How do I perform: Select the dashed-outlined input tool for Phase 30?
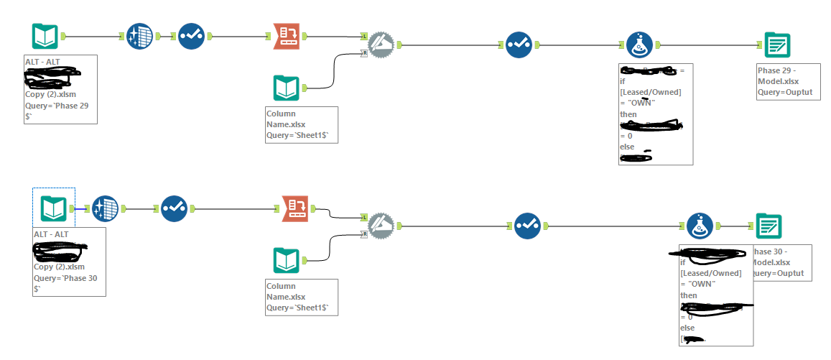[53, 208]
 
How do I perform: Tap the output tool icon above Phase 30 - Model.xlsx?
[769, 226]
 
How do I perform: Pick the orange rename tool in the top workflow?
[287, 36]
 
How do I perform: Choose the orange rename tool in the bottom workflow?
[296, 208]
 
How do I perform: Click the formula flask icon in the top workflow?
[639, 45]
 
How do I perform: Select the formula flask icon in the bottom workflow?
[700, 226]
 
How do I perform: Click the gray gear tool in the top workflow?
[381, 45]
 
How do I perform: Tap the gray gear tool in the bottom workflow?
[381, 225]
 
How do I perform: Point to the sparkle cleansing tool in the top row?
[139, 36]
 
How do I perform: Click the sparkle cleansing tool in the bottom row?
[105, 208]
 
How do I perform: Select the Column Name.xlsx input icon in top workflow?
[286, 88]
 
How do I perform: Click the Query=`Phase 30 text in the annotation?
[65, 278]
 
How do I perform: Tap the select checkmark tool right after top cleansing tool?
[191, 36]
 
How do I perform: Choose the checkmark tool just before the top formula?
[518, 45]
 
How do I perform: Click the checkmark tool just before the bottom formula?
[526, 225]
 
